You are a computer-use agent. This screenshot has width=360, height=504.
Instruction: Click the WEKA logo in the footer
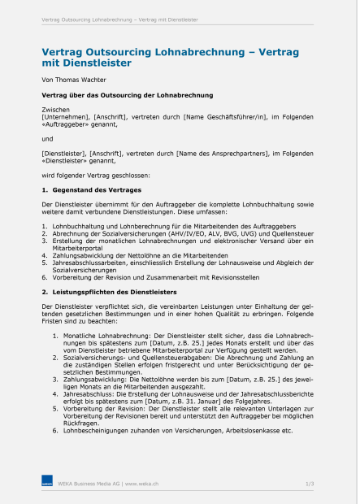(x=47, y=484)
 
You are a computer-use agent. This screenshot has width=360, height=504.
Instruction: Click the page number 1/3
(x=310, y=484)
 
